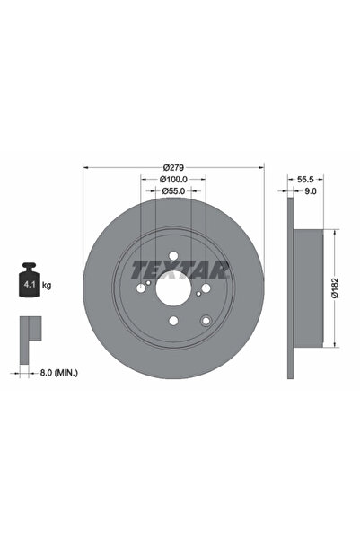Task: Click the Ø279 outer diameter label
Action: [173, 167]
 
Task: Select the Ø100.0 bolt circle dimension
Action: [173, 180]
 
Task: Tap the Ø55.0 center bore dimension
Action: [173, 191]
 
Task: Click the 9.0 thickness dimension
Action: [311, 191]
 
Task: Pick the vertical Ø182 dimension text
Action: [334, 288]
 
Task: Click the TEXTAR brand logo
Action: [180, 269]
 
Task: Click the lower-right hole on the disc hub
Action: [206, 322]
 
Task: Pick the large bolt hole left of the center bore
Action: [141, 289]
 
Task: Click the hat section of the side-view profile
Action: [308, 288]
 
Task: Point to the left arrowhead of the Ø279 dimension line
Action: [85, 167]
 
